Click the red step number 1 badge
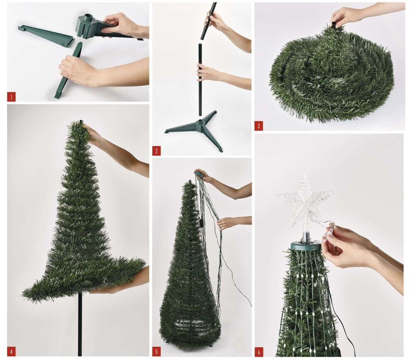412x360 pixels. [11, 97]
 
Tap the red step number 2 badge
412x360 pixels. [156, 151]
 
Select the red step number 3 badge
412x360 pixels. [258, 126]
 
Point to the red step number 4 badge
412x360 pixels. [11, 352]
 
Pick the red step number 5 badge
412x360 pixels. [156, 352]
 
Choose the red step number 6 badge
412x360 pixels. [259, 352]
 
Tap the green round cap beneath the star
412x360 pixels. [306, 246]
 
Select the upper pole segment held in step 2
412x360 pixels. [209, 21]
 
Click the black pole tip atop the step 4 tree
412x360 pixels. [81, 122]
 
